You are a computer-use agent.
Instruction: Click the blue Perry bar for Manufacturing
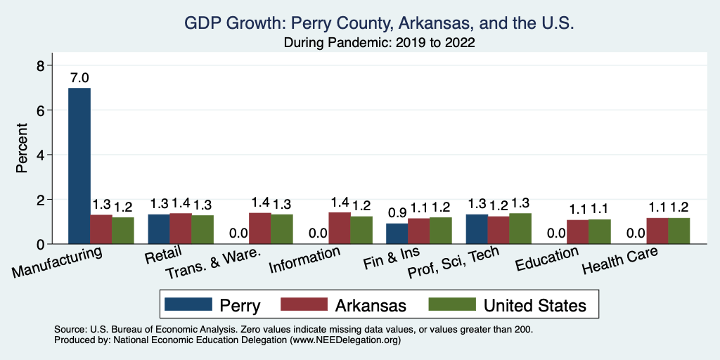(79, 166)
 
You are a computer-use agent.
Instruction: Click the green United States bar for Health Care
(679, 231)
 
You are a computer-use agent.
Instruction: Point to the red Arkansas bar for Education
(578, 232)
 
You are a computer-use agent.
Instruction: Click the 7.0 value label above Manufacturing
(79, 78)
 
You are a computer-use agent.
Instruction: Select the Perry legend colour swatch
(188, 304)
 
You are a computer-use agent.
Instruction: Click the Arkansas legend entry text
(370, 305)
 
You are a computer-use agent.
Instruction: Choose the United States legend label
(534, 305)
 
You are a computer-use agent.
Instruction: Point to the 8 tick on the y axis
(41, 65)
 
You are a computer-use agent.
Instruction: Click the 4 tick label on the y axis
(41, 155)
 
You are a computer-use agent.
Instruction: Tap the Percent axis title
(22, 149)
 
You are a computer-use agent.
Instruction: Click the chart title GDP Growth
(380, 23)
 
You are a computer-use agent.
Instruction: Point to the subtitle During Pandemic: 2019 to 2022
(380, 43)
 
